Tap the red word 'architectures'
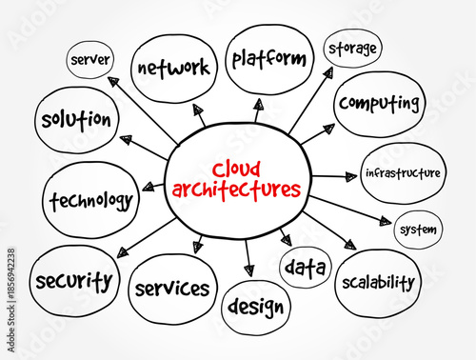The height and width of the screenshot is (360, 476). tap(236, 188)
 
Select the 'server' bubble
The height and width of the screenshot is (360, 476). tap(90, 61)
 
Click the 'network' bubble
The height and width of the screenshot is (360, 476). tap(172, 68)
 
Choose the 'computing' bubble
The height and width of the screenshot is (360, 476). tap(379, 102)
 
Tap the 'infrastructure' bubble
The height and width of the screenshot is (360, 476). tap(404, 173)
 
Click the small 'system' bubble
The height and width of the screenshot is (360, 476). tap(419, 230)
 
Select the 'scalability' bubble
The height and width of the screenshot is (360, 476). tap(377, 282)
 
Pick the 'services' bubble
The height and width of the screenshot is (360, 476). tap(172, 288)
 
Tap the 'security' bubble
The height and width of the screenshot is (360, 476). tap(73, 281)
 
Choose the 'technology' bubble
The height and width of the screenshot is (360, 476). tap(89, 200)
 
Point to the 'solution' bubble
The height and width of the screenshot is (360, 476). tap(76, 121)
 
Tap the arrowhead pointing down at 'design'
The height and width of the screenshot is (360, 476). tap(249, 270)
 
